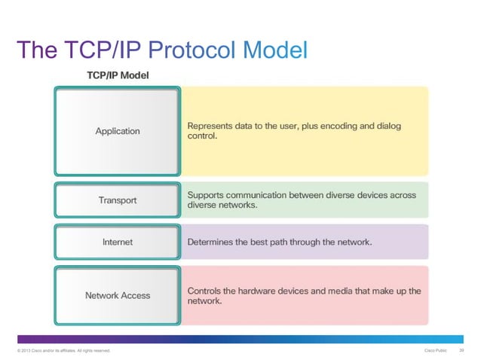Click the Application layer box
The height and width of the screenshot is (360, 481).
click(117, 131)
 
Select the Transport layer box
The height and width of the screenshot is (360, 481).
click(117, 200)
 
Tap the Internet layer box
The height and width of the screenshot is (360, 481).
click(117, 242)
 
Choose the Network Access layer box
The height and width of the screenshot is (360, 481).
click(117, 295)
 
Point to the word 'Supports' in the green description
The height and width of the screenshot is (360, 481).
click(207, 194)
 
